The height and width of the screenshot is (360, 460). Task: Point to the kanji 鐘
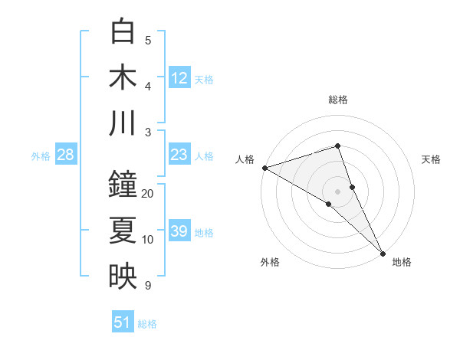pos(123,184)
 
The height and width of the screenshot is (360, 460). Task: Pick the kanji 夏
pos(123,230)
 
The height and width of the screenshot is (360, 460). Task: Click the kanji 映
pos(123,277)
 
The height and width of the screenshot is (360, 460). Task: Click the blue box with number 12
pos(179,77)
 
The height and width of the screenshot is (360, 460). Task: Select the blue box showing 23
pos(179,155)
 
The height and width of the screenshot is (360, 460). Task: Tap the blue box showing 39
pos(179,231)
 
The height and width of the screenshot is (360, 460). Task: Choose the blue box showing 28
pos(66,155)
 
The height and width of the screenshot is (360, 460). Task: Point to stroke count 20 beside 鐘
pos(148,193)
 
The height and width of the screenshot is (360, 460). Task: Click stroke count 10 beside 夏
pos(148,240)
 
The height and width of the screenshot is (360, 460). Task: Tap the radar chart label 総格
pos(338,100)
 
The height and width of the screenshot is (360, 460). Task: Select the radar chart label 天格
pos(432,159)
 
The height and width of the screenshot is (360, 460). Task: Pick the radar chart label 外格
pos(270,262)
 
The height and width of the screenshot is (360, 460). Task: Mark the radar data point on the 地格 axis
pos(383,252)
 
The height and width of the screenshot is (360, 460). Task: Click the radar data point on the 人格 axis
pos(264,168)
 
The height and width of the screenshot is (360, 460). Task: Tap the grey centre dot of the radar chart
pos(337,191)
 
